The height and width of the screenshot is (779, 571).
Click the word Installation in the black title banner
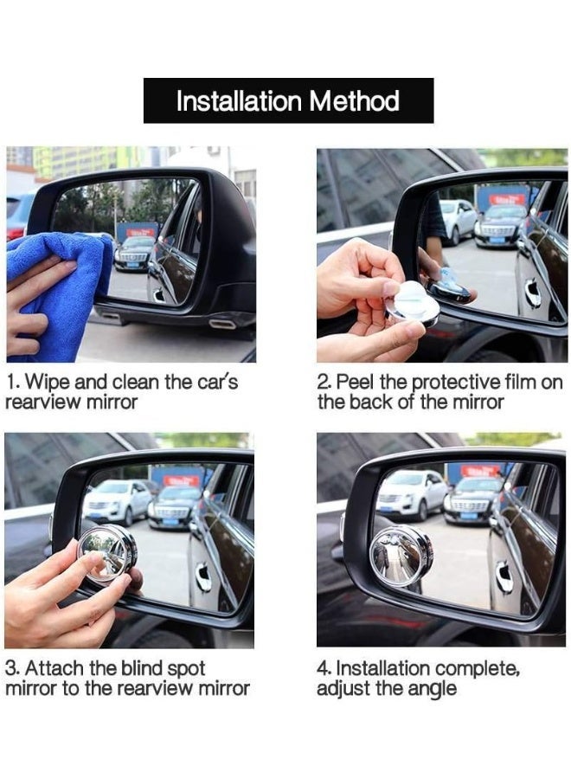tap(239, 101)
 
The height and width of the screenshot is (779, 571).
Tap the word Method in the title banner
tap(355, 101)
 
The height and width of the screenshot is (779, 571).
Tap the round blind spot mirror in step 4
tap(401, 557)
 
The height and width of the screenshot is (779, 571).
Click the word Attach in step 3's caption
tap(55, 668)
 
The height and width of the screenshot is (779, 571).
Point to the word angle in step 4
tap(432, 690)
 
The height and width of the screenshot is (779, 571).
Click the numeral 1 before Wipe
tap(11, 382)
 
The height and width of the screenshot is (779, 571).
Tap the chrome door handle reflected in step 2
tap(536, 293)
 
